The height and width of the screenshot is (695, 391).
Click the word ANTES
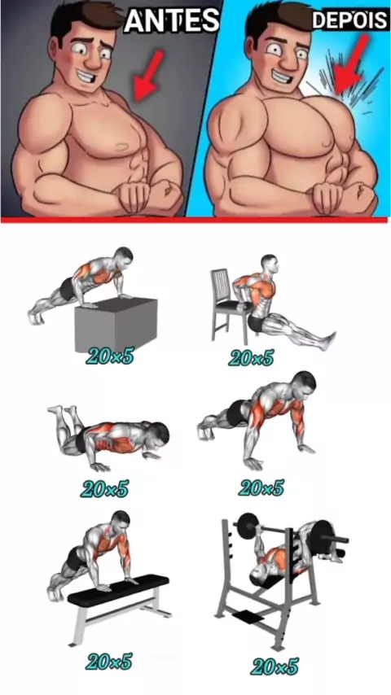(172, 20)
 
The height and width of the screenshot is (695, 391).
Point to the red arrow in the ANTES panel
(147, 75)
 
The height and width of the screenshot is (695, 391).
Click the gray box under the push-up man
(116, 325)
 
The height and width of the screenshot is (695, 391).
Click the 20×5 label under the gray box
(111, 355)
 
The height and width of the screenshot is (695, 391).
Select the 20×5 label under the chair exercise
(251, 356)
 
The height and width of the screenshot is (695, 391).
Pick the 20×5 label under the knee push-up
(105, 488)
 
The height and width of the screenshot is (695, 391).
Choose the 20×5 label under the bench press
(275, 666)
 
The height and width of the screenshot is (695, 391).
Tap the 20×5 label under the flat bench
(110, 661)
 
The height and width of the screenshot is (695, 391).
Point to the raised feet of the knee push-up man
(62, 411)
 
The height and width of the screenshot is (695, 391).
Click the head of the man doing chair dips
(270, 264)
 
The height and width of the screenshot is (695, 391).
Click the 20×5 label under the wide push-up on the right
(261, 487)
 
